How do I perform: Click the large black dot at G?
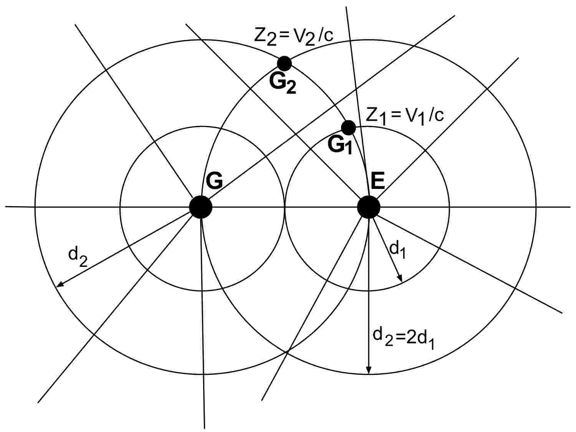[x=201, y=207]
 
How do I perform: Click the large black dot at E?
[x=369, y=207]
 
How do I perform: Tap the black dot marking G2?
[x=285, y=63]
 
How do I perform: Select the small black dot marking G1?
[x=348, y=128]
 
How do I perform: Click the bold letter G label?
[x=214, y=181]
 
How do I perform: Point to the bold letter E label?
[x=378, y=181]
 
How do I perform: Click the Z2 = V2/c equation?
[x=294, y=38]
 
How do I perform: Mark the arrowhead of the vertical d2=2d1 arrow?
[x=369, y=370]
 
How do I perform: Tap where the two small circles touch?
[x=285, y=207]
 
